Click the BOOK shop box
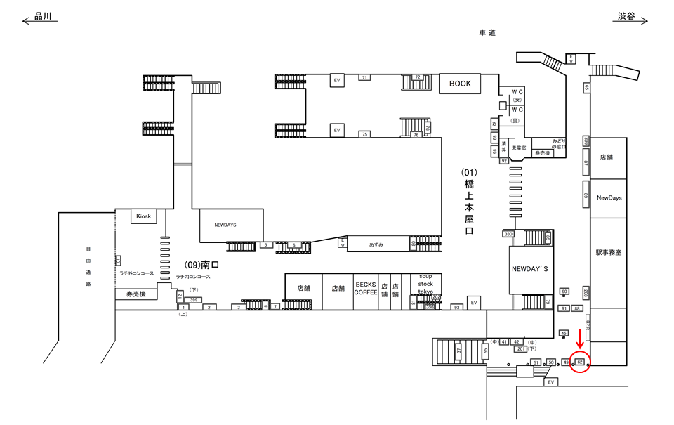tap(460, 84)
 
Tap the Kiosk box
tap(144, 216)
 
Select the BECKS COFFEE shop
tap(366, 288)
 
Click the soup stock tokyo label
tap(425, 284)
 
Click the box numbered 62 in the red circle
tap(580, 362)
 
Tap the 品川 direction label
tap(44, 16)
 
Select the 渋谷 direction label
tap(626, 16)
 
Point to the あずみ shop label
tap(376, 244)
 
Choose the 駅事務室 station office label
tap(608, 251)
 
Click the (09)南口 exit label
tap(202, 266)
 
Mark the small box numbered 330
tap(509, 234)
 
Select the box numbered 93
tap(456, 307)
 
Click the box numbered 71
tap(364, 77)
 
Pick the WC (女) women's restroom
tap(517, 96)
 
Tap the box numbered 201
tap(520, 348)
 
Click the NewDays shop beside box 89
tap(609, 197)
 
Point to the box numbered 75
tap(364, 134)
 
